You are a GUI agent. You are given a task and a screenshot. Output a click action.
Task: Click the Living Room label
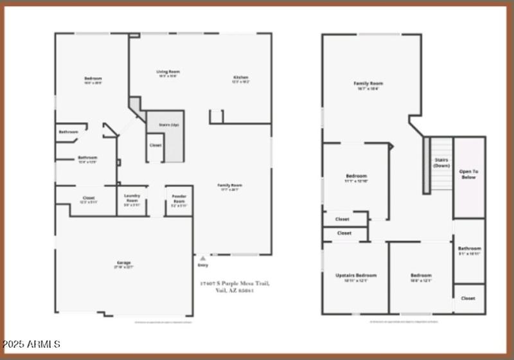click(x=168, y=71)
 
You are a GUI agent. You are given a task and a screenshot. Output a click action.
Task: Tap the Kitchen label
click(x=240, y=78)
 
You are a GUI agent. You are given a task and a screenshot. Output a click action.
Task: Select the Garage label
click(x=124, y=263)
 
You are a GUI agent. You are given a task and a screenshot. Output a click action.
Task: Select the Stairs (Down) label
click(x=441, y=163)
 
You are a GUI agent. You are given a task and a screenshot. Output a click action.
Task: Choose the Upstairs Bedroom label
click(x=355, y=275)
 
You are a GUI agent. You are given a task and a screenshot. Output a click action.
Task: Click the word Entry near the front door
click(x=204, y=265)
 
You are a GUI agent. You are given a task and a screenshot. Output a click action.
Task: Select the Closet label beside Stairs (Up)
click(x=155, y=145)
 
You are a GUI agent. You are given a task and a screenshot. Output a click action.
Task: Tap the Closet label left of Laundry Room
click(x=89, y=197)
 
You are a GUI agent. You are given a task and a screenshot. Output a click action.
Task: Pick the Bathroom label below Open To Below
click(x=469, y=248)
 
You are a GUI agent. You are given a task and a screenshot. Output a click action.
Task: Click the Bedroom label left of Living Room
click(x=93, y=78)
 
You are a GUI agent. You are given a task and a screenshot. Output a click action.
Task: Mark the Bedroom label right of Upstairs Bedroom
click(x=421, y=275)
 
